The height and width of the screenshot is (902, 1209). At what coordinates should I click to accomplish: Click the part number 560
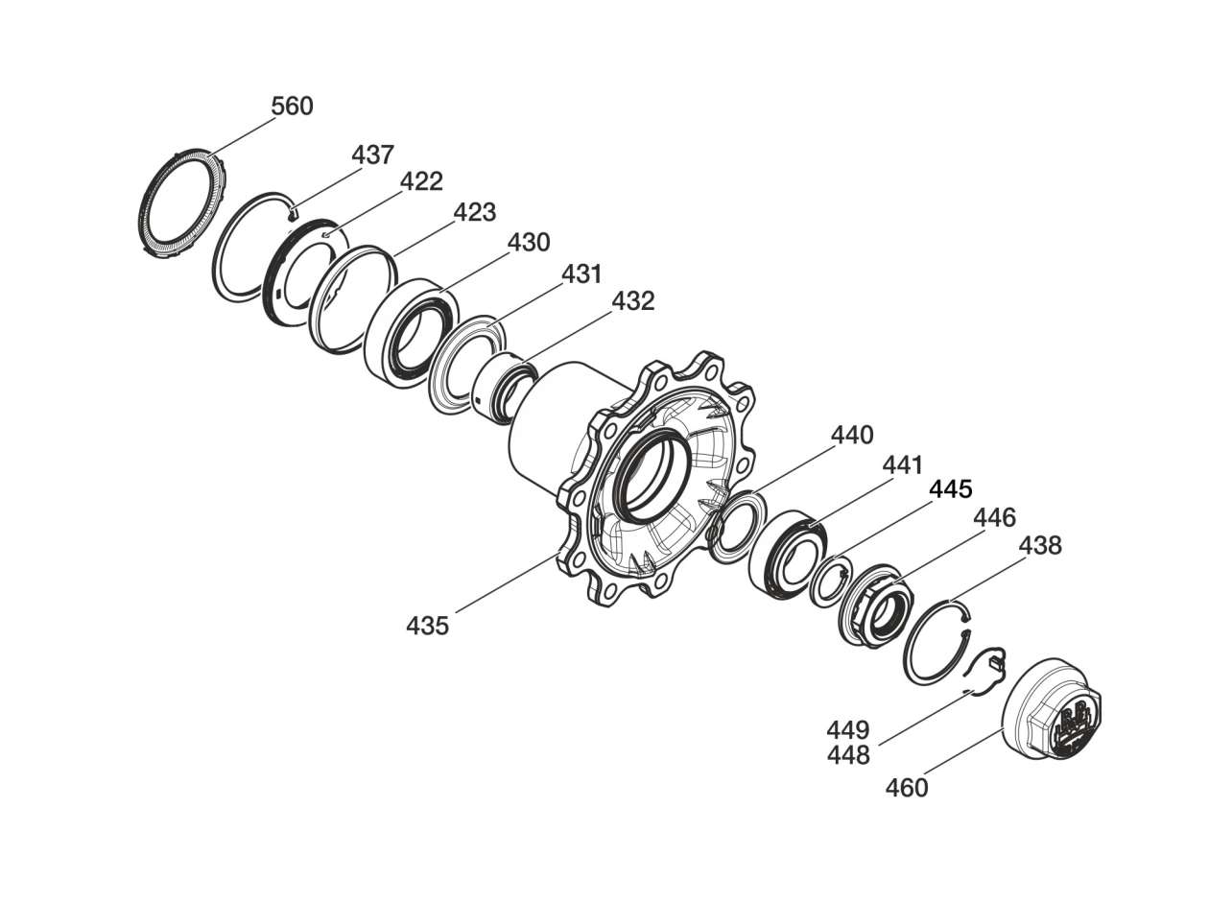[292, 107]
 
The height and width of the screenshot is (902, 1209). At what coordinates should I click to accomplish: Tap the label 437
[372, 154]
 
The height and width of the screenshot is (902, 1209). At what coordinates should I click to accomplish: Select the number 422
[421, 181]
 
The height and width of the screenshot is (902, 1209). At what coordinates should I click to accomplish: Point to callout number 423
[474, 212]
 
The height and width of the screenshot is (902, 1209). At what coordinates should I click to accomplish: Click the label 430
[529, 243]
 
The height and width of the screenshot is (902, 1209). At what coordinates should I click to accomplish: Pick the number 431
[581, 274]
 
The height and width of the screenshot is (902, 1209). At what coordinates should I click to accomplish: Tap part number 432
[633, 301]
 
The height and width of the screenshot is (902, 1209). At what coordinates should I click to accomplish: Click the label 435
[427, 627]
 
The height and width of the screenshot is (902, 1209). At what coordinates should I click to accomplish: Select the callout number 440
[852, 436]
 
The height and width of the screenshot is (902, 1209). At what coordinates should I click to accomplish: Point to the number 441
[902, 466]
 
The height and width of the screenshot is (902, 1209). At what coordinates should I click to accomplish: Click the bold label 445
[950, 490]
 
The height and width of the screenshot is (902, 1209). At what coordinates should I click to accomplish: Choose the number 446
[994, 519]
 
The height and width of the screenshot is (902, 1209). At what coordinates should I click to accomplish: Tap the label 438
[1040, 546]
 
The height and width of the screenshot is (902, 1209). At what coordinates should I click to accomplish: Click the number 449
[848, 730]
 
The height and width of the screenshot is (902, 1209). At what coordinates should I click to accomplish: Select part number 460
[907, 789]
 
